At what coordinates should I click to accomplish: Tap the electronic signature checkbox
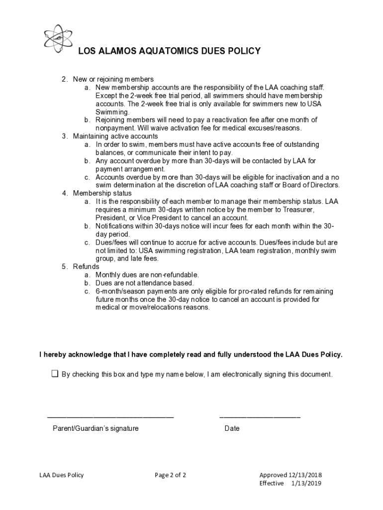pos(55,374)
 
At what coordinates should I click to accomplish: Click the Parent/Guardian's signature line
pos(110,417)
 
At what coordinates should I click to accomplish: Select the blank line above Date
pos(260,417)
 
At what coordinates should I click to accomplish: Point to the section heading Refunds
pos(86,266)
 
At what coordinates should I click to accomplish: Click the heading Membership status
pos(102,193)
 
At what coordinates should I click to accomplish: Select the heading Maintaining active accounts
pos(115,136)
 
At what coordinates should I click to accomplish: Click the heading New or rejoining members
pos(113,79)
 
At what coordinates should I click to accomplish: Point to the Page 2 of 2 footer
pos(170,475)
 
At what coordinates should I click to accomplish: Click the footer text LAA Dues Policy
pos(62,475)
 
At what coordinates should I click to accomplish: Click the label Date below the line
pos(232,428)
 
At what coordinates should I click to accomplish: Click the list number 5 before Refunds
pos(65,266)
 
